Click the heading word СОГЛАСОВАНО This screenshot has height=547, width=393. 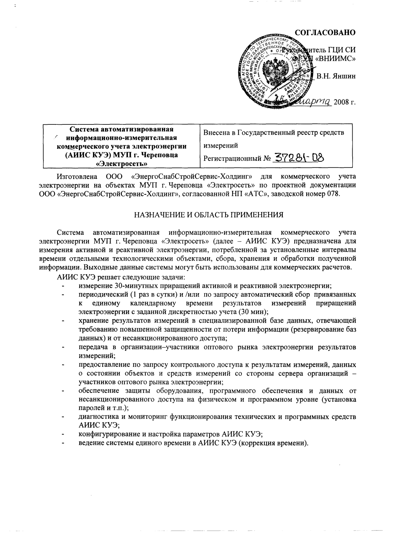coord(325,32)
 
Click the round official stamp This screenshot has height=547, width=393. coord(274,71)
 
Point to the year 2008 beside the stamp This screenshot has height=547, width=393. coord(341,102)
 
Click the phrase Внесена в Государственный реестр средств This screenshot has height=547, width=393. coord(273,133)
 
